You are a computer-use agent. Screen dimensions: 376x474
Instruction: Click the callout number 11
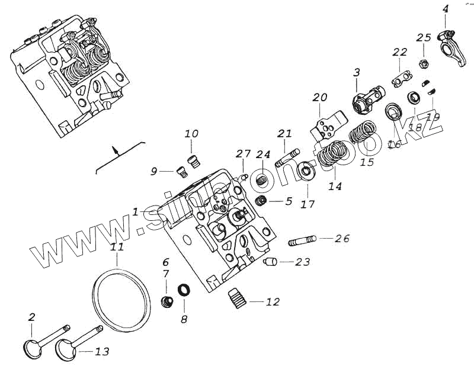[117, 247]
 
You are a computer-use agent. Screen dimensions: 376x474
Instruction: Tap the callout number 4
[446, 9]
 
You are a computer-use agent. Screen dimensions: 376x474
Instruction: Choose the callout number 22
[400, 52]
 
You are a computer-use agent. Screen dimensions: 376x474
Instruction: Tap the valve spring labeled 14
[328, 157]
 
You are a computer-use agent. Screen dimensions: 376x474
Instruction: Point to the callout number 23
[302, 262]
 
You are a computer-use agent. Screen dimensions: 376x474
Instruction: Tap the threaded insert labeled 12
[237, 295]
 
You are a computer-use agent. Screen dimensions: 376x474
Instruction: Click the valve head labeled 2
[32, 347]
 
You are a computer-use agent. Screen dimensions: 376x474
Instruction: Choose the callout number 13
[102, 352]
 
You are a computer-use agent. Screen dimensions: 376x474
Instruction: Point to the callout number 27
[243, 154]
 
